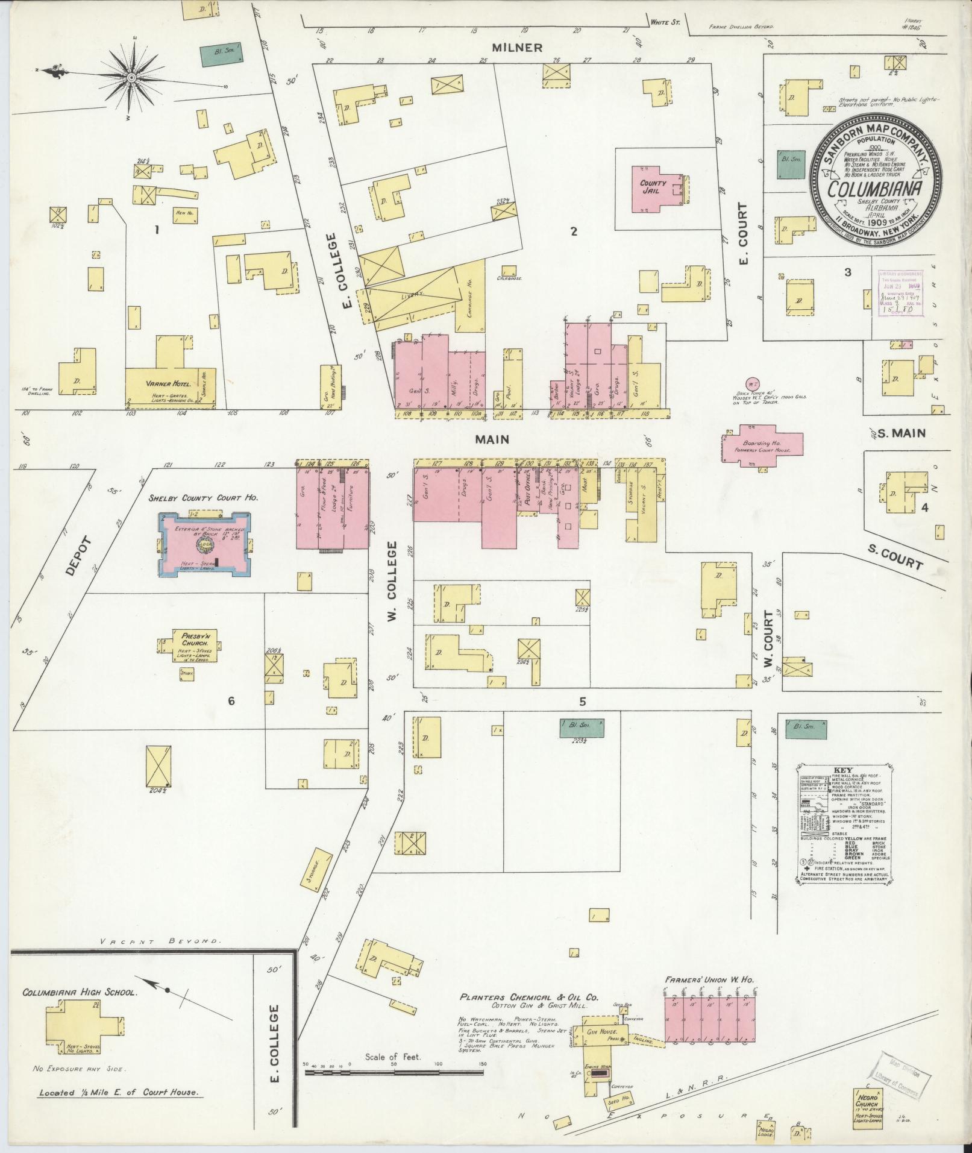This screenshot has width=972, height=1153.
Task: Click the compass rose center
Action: coord(131,78)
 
